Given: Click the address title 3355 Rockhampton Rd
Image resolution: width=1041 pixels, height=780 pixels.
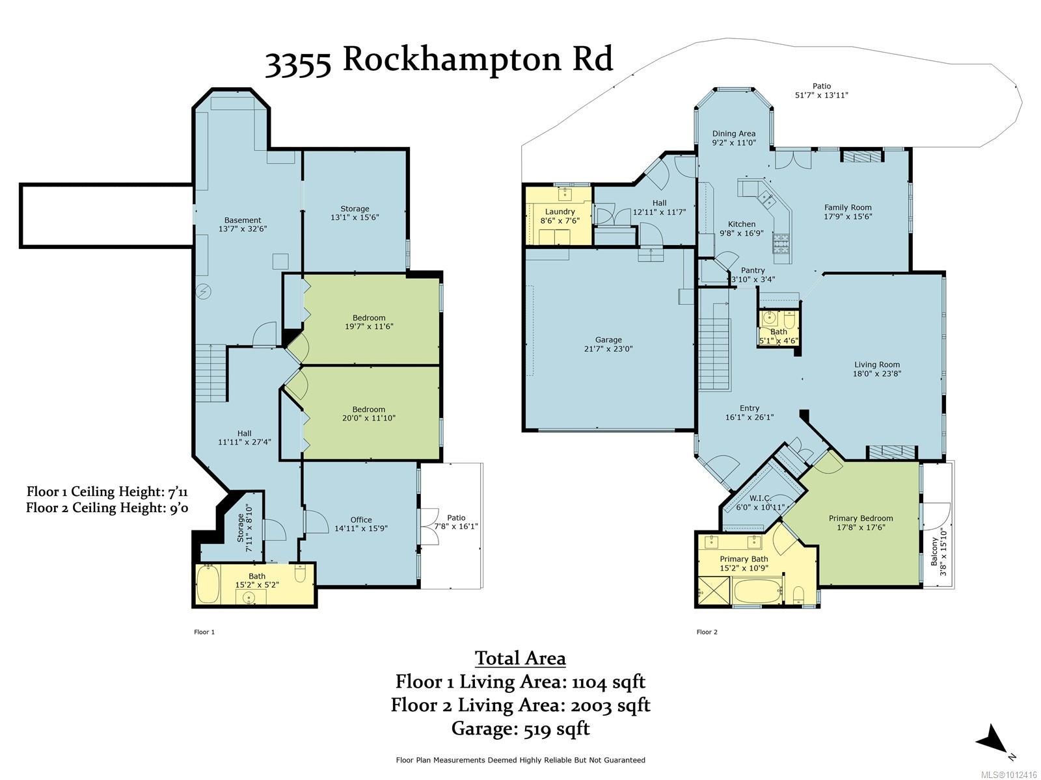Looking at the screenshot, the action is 439,60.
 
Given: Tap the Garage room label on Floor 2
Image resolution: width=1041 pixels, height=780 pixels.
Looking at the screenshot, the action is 608,339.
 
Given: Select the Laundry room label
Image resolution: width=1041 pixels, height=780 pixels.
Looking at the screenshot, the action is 560,212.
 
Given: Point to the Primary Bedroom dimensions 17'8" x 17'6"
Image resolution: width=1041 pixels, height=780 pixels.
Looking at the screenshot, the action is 861,527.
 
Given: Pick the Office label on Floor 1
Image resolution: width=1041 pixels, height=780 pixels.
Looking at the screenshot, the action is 361,519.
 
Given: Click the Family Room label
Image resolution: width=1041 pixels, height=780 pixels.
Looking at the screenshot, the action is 848,207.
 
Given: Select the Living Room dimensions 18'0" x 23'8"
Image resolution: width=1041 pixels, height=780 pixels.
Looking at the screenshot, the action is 876,373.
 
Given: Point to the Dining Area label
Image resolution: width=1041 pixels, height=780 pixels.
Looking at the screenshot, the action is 734,133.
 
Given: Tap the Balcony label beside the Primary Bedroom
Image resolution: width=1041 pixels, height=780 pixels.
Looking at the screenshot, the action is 934,552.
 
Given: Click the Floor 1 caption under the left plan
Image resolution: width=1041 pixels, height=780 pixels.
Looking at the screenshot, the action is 204,632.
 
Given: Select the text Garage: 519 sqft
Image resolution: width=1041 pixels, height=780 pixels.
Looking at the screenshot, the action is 520,729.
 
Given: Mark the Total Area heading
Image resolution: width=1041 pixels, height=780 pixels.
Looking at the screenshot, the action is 520,658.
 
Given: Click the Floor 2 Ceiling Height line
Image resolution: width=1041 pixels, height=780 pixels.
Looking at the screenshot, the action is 107,508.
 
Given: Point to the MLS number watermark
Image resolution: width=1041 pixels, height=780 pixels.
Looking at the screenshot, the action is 1008,775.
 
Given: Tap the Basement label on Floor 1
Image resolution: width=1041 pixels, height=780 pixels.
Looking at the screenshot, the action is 242,220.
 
